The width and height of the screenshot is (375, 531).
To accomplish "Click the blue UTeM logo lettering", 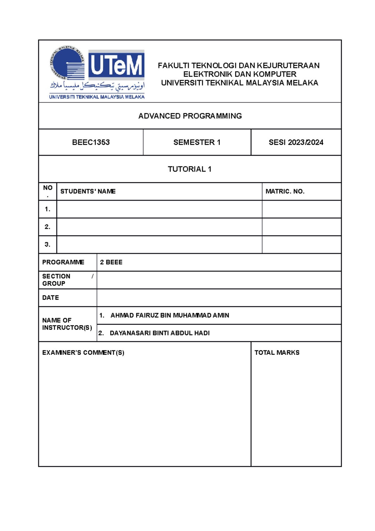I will [116, 65].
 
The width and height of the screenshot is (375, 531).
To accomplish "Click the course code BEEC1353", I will [91, 142].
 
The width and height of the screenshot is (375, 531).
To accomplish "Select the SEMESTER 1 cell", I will [197, 142].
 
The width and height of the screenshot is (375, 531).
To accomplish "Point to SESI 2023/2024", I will [296, 142].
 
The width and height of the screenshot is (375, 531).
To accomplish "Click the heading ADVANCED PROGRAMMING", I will [190, 116].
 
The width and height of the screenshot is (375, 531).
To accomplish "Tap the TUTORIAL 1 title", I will [189, 169].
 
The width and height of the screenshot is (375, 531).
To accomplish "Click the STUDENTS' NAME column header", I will [88, 191].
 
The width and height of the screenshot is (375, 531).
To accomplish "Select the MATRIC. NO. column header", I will [285, 191].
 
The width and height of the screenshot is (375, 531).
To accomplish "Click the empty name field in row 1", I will [159, 209].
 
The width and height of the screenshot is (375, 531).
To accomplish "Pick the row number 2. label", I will [47, 227].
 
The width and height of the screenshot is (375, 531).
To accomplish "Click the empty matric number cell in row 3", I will [301, 245].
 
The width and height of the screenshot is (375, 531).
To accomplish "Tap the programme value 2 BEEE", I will [111, 262].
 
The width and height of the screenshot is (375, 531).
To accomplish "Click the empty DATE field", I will [219, 298].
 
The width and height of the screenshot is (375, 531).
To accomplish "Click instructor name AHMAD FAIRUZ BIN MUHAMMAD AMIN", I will [170, 315].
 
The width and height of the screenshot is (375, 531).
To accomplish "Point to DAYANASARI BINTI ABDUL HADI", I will [159, 333].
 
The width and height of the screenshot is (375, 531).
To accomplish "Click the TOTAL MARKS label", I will [277, 352].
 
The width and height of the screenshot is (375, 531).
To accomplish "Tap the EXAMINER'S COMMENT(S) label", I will [83, 352].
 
